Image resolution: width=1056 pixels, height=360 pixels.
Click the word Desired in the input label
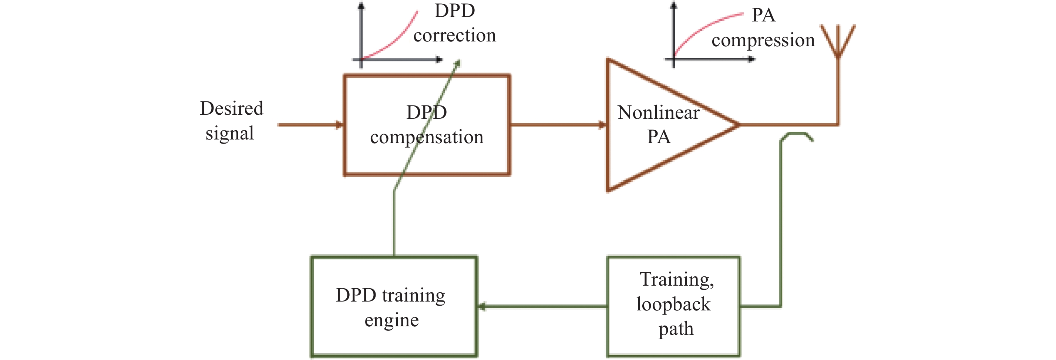(232, 109)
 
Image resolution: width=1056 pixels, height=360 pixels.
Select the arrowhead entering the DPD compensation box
(339, 125)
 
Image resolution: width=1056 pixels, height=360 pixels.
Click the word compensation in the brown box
(427, 137)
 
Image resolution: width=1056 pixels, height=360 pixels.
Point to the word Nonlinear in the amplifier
(658, 112)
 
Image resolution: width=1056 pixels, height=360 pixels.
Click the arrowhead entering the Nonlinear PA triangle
(602, 125)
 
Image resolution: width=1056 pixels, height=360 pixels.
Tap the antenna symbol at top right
(838, 41)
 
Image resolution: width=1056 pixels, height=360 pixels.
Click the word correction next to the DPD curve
(455, 36)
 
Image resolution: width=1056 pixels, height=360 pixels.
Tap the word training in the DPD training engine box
(413, 295)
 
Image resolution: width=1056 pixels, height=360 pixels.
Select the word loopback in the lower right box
(673, 304)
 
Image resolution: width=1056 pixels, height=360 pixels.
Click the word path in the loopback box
(676, 329)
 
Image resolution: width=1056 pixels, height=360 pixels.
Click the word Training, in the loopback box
(676, 280)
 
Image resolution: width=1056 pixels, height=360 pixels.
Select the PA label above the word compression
(763, 16)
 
